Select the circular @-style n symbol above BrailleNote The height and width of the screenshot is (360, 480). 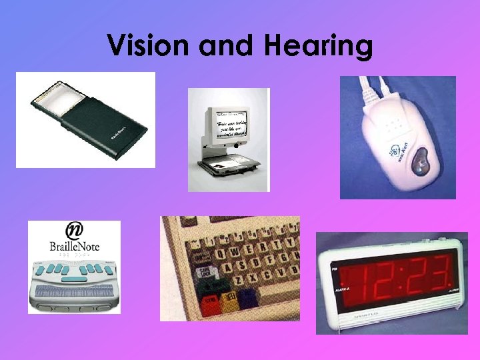[74, 231]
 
